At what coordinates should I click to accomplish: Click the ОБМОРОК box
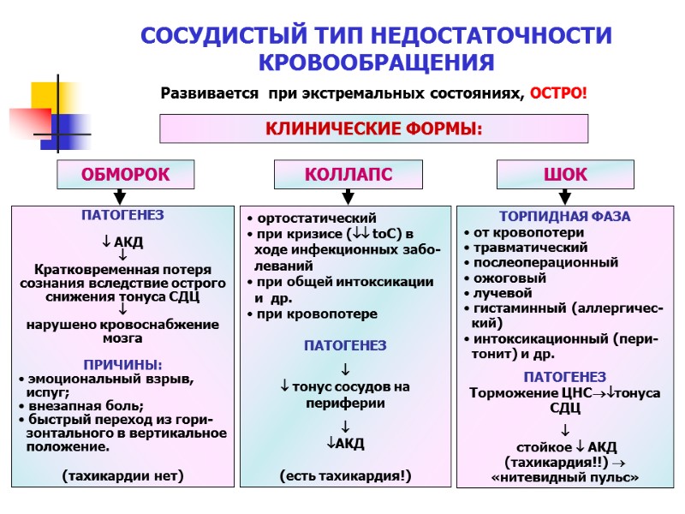(125, 175)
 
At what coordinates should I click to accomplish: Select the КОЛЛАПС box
(348, 175)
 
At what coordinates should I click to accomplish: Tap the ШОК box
(565, 175)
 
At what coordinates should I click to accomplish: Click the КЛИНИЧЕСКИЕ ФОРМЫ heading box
(374, 129)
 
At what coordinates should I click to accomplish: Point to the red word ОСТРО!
(558, 93)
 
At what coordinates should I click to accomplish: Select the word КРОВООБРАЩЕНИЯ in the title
(376, 63)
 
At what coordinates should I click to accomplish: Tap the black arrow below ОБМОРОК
(121, 196)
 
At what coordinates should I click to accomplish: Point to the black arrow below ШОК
(564, 196)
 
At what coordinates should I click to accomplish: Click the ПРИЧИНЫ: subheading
(121, 364)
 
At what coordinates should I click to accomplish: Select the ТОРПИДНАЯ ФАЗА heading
(564, 217)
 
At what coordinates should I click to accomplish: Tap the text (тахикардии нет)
(122, 475)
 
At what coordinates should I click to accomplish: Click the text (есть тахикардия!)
(345, 475)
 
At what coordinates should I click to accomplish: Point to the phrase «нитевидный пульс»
(565, 478)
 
